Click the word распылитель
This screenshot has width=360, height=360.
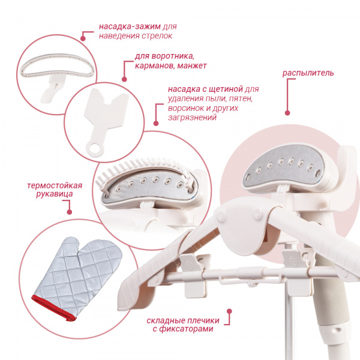(x=308, y=73)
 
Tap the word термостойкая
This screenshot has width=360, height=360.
(x=55, y=185)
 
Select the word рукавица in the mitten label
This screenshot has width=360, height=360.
(x=55, y=194)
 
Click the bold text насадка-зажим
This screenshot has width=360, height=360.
(x=130, y=26)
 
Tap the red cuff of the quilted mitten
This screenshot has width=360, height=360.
(x=53, y=308)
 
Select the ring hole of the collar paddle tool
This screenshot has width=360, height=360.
(x=95, y=148)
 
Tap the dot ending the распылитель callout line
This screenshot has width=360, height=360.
(x=287, y=113)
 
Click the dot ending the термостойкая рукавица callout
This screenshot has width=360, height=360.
(x=70, y=212)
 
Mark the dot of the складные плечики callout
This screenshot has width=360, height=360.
(x=229, y=311)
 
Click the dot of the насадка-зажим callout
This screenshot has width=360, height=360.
(x=83, y=38)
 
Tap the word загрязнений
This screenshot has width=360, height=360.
(x=193, y=118)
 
